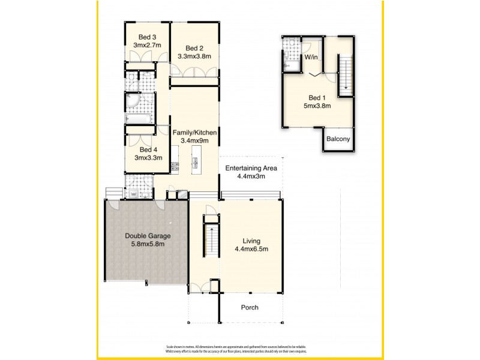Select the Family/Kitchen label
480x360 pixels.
click(x=194, y=132)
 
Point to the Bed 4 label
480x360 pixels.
click(x=148, y=150)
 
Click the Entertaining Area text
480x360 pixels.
click(x=253, y=168)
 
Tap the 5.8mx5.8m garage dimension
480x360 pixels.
click(x=145, y=244)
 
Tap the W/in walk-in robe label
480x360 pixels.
click(x=311, y=58)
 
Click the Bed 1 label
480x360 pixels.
click(x=317, y=97)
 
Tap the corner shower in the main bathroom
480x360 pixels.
click(x=132, y=103)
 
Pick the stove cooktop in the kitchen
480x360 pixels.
click(x=175, y=167)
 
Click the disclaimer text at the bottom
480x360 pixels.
click(x=239, y=349)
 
